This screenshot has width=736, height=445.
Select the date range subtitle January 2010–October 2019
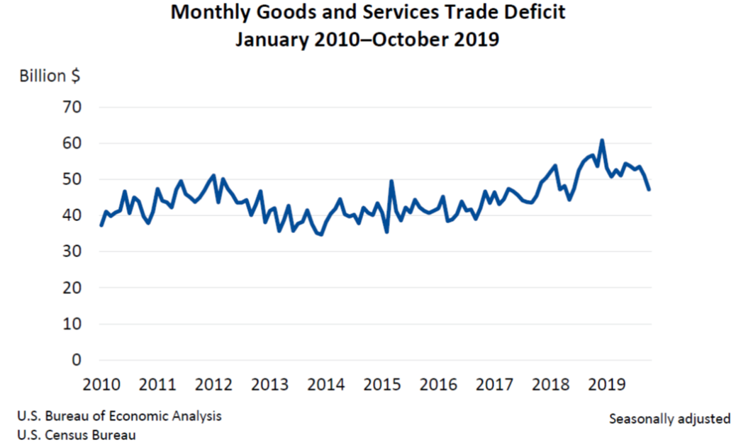367,40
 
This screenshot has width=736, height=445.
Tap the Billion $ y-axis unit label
49,76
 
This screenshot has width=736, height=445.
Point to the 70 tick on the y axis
74,107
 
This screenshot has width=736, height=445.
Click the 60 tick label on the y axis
74,143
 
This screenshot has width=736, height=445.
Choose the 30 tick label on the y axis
74,252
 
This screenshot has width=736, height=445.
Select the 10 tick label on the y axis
74,324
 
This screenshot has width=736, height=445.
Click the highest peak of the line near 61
602,140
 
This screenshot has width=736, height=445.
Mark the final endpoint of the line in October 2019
649,189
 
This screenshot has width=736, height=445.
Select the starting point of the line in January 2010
101,225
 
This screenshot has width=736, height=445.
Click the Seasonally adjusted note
669,419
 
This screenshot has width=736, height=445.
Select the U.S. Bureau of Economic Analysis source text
119,416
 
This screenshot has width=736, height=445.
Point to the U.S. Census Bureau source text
76,434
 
